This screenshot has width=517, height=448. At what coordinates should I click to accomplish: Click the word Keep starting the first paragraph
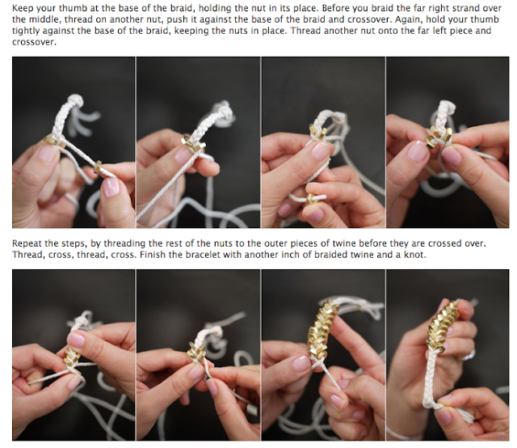click(x=22, y=8)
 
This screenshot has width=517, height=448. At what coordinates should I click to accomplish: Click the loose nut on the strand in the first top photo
click(x=98, y=167)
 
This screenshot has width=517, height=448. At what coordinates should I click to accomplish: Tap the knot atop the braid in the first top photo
click(x=75, y=100)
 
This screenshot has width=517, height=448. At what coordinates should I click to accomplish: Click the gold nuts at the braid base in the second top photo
click(x=192, y=144)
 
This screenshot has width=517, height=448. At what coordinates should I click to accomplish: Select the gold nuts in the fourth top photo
click(x=438, y=137)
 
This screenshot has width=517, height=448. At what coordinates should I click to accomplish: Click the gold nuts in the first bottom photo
click(x=71, y=355)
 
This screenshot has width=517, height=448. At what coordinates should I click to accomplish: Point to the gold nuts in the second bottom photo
click(x=197, y=351)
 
